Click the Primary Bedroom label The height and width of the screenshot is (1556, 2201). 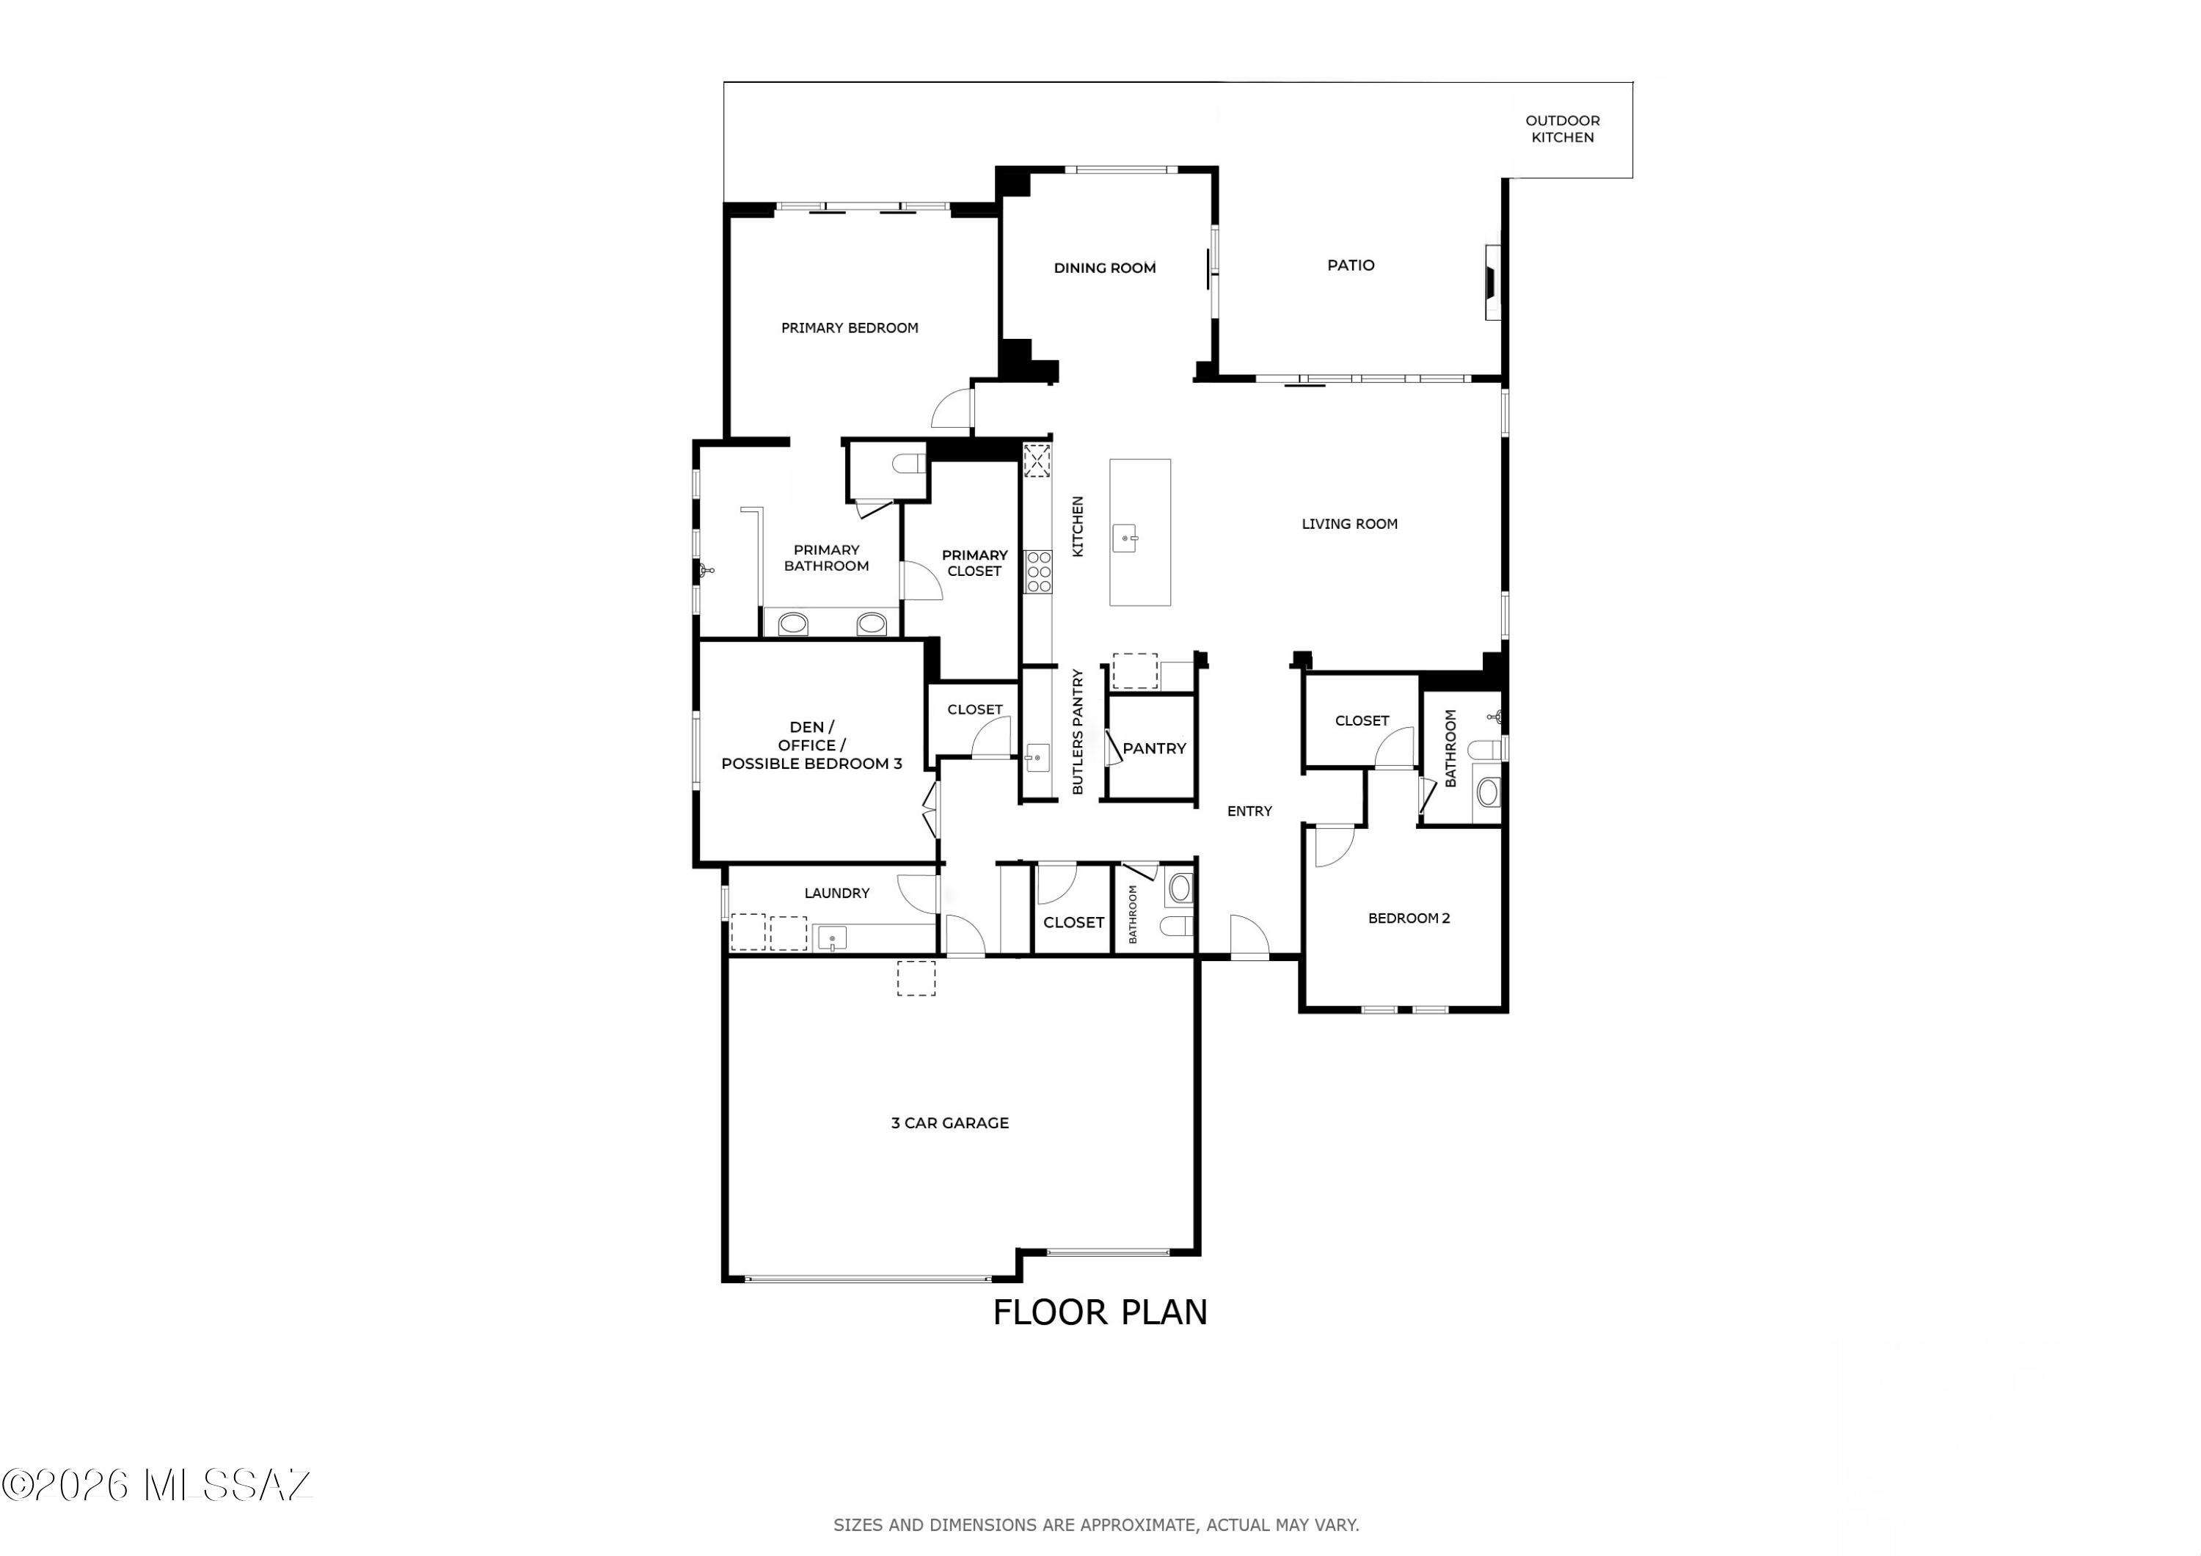coord(850,328)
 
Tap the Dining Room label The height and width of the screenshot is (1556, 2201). coord(1104,269)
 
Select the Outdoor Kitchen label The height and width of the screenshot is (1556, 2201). coord(1563,128)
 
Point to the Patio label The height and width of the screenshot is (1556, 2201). coord(1351,265)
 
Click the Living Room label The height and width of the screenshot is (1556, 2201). coord(1350,524)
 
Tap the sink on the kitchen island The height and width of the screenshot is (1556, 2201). coord(1125,538)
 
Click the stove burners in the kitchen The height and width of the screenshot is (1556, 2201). coord(1038,571)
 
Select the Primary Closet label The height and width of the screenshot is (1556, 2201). coord(974,563)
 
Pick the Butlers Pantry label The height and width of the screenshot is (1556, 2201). coord(1078,731)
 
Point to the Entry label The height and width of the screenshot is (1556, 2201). coord(1250,811)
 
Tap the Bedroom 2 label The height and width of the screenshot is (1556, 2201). coord(1408,918)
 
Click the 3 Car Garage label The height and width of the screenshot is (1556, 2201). coord(950,1122)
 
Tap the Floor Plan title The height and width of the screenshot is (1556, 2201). coord(1100,1312)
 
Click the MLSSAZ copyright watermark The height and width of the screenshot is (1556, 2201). coord(156,1485)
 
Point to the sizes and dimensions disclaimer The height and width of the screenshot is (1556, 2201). coord(1095,1524)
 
